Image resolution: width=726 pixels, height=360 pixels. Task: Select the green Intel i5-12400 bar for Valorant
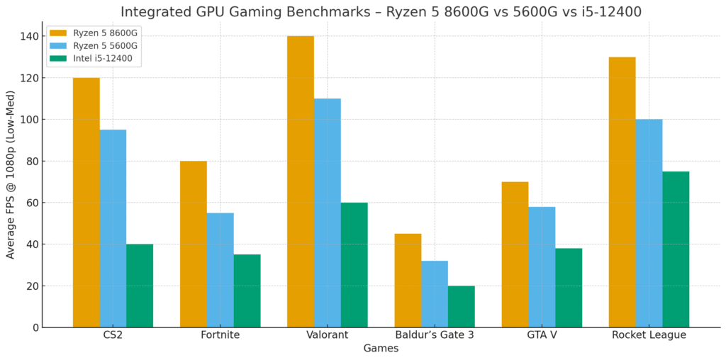(x=354, y=265)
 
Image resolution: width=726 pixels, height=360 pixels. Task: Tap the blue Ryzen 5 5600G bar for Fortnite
(x=220, y=270)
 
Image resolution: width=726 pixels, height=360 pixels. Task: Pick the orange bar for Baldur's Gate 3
(x=408, y=281)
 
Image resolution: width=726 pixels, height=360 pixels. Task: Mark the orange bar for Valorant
(x=300, y=181)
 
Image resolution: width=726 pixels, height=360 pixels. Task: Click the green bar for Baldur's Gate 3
(x=461, y=307)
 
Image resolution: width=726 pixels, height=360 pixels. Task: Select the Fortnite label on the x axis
(x=220, y=335)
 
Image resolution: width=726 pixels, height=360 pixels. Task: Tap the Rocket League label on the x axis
(x=649, y=335)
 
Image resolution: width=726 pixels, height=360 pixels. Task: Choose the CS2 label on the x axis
(x=113, y=335)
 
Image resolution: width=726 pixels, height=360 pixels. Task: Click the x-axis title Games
(x=381, y=349)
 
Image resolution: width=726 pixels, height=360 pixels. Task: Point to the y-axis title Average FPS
(x=11, y=174)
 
